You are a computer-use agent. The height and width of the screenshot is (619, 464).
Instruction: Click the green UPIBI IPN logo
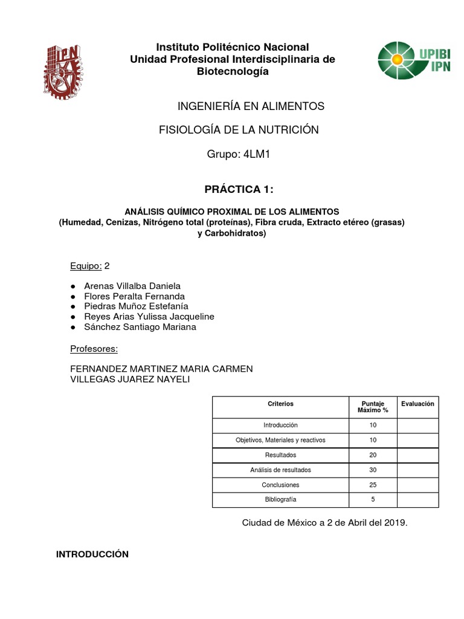(x=414, y=60)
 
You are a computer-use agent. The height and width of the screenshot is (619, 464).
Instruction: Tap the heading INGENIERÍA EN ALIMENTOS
(x=251, y=106)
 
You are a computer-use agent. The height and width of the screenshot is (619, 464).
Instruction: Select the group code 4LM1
(x=256, y=155)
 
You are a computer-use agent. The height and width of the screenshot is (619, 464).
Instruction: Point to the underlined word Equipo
(x=85, y=265)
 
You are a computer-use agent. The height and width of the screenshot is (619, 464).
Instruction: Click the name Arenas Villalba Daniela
(x=132, y=286)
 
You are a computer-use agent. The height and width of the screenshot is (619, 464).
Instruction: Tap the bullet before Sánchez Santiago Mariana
(x=73, y=327)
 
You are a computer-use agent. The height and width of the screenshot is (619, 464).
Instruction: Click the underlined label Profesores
(x=94, y=349)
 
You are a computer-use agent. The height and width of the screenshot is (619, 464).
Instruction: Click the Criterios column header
(x=280, y=404)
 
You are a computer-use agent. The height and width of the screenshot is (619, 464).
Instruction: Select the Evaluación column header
(x=417, y=404)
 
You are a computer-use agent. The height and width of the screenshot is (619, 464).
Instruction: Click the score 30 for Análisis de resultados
(x=373, y=470)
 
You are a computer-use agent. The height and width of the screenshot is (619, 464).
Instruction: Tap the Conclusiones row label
(x=280, y=485)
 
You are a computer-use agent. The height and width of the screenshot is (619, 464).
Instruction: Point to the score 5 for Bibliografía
(x=373, y=499)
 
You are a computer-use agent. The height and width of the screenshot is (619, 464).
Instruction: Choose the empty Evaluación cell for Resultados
(x=417, y=455)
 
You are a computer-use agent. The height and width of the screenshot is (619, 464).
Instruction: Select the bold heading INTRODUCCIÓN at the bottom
(x=92, y=554)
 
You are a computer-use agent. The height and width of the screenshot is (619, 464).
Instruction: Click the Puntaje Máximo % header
(x=373, y=407)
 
